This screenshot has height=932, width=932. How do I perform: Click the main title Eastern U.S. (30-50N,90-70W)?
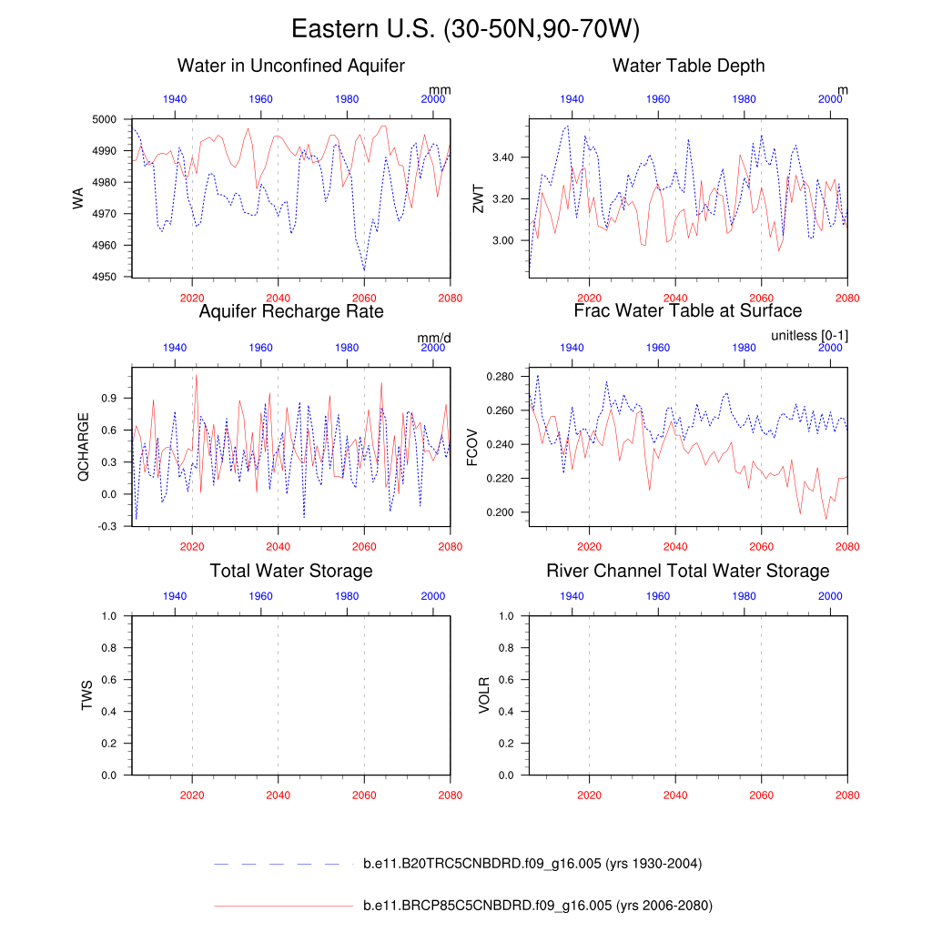(465, 29)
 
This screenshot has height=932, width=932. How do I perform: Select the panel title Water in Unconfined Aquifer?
(290, 66)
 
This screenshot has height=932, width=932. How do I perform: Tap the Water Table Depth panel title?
(688, 66)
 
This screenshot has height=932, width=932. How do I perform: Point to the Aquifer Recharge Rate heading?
(290, 311)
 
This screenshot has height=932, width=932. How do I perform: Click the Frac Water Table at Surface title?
(687, 311)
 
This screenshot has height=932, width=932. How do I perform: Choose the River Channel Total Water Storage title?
(687, 571)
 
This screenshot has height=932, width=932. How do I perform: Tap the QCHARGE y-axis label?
(84, 446)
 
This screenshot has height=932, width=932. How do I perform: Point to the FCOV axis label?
(472, 446)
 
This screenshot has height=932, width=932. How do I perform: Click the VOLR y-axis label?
(485, 694)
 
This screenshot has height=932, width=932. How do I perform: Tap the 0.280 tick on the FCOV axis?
(501, 377)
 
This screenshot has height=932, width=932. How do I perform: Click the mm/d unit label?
(434, 338)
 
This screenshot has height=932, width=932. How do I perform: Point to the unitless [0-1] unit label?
(809, 336)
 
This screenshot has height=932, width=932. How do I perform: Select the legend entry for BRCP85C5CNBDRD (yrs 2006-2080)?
(537, 906)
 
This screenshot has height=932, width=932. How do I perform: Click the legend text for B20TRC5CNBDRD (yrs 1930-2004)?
(532, 863)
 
